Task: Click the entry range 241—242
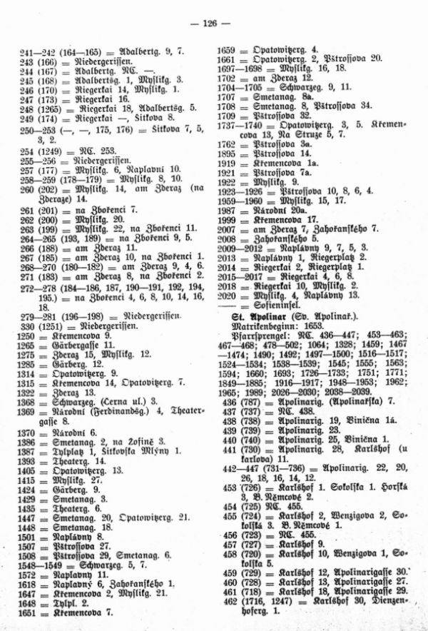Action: [x=31, y=52]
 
